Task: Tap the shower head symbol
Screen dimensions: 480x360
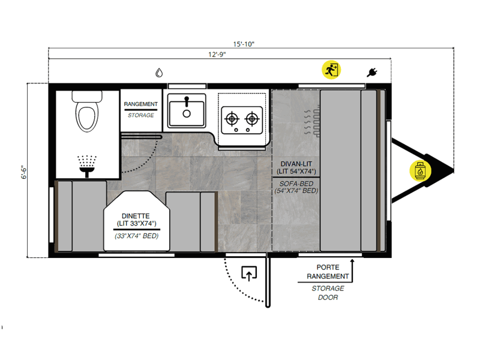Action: coord(87,166)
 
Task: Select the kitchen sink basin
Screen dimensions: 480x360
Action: coord(187,111)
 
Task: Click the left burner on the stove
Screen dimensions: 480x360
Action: coord(232,118)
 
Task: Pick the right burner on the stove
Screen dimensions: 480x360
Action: coord(252,118)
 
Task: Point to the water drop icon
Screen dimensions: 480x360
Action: coord(159,73)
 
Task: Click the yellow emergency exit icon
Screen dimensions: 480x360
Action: coord(331,70)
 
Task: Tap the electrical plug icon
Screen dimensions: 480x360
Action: coord(372,73)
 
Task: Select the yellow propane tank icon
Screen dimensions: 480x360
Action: coord(421,171)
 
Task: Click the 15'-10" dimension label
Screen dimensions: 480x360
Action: coord(244,44)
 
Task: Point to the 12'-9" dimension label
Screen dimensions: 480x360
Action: coord(217,55)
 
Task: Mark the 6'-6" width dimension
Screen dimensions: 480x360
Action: coord(24,172)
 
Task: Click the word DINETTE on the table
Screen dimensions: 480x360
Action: coord(136,216)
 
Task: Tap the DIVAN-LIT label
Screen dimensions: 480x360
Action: coord(296,164)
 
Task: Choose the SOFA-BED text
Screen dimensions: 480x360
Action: coord(296,184)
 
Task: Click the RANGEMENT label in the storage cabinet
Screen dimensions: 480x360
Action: coord(141,104)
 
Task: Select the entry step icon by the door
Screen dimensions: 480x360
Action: coord(249,274)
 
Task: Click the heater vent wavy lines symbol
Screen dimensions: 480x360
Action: coord(312,122)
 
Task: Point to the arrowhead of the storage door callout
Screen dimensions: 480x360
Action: coord(352,261)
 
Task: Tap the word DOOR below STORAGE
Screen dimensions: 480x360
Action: coord(328,298)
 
